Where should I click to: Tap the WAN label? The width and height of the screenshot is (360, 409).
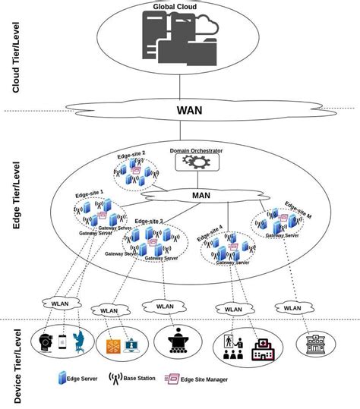(190, 109)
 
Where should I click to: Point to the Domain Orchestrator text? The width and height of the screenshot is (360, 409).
(196, 151)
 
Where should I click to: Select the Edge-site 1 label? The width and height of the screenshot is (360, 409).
(90, 193)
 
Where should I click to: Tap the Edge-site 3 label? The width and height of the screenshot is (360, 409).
(149, 221)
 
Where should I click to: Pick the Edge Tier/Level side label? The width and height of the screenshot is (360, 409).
(16, 197)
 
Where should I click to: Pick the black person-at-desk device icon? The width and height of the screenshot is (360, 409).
(181, 342)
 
